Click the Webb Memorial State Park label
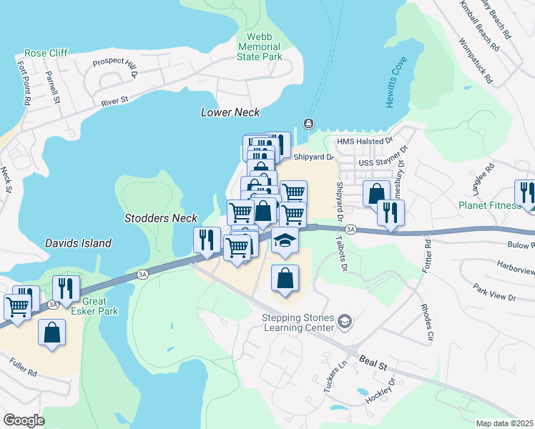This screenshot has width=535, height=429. tap(260, 46)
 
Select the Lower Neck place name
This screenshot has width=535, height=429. tap(230, 112)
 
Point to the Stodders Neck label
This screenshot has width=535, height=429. tap(160, 217)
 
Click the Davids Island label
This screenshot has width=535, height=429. tap(78, 243)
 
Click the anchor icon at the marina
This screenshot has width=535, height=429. tap(309, 123)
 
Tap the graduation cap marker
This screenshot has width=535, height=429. tap(285, 241)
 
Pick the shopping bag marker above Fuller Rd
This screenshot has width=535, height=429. tap(51, 332)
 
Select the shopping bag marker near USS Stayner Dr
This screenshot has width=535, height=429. tap(376, 193)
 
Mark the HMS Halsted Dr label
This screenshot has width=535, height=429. tap(365, 142)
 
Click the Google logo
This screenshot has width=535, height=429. tap(24, 420)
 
